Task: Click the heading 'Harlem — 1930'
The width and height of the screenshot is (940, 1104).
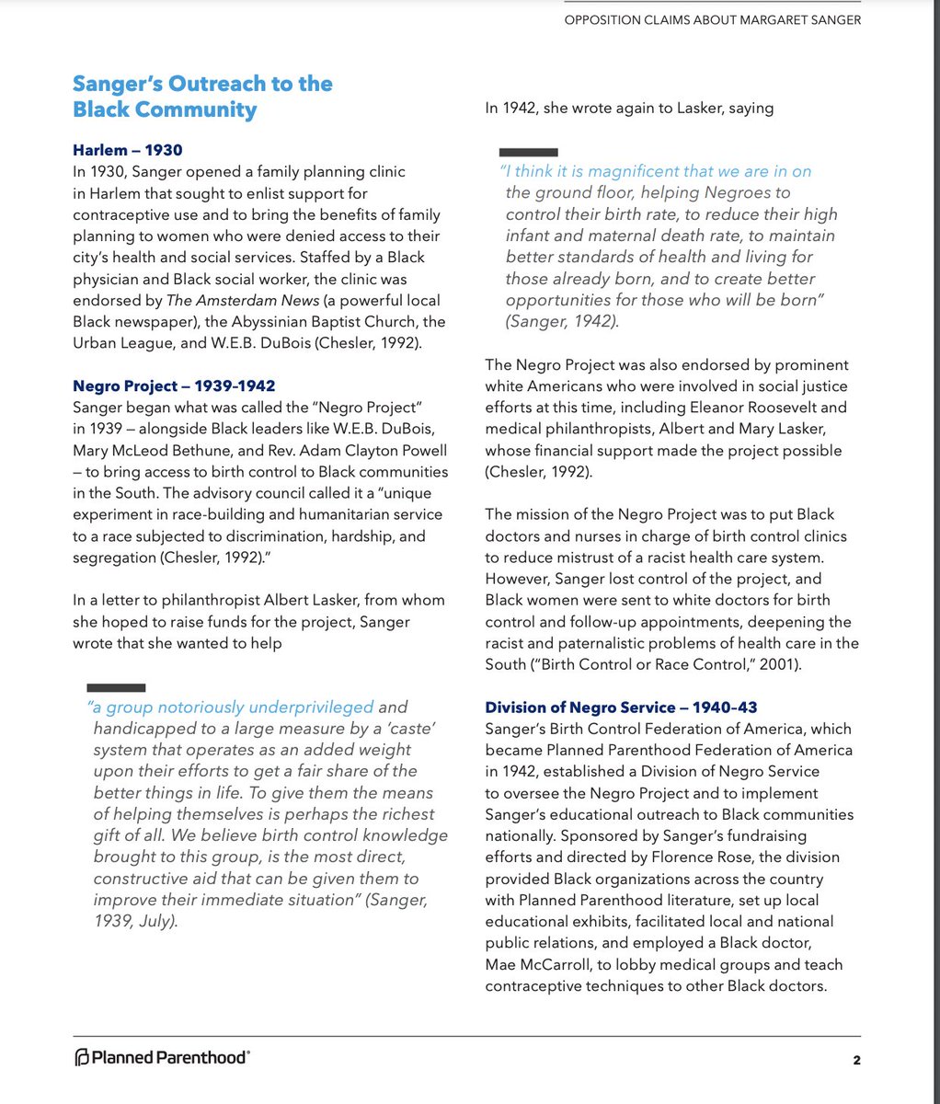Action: (128, 149)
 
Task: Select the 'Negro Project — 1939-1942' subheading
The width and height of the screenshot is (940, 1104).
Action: (174, 385)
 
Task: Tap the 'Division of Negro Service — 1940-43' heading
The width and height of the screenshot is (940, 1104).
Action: (622, 707)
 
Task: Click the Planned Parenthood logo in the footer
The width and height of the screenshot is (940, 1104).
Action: (162, 1058)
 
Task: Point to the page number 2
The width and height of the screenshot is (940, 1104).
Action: (856, 1060)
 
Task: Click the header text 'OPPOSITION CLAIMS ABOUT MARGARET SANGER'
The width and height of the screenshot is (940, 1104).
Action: (713, 20)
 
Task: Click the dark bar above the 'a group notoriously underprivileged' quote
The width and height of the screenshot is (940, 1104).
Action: (116, 687)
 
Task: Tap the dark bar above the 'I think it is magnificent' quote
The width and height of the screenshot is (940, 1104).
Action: (528, 151)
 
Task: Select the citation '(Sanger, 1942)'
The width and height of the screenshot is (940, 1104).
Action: (562, 321)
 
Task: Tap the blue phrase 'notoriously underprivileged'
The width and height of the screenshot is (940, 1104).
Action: (266, 707)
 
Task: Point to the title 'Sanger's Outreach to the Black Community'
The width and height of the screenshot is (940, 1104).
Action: (202, 97)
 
